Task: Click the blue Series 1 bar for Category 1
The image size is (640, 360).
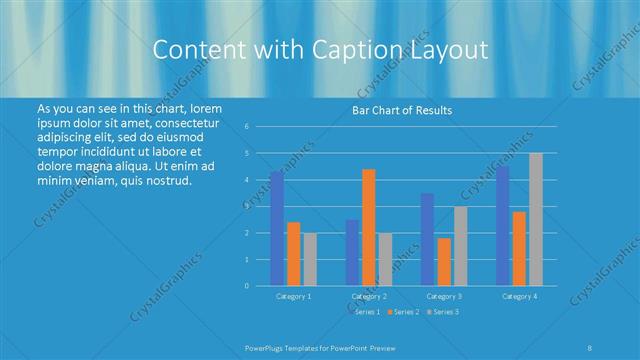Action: [x=277, y=229]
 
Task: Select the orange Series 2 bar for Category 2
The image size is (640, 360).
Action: [x=369, y=227]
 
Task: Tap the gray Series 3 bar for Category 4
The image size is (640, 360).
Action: [x=536, y=219]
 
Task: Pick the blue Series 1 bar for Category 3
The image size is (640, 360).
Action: [x=428, y=239]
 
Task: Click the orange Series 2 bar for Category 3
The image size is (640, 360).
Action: [x=444, y=262]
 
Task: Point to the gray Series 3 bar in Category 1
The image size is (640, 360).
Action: [x=310, y=259]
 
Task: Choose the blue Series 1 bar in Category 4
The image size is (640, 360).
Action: [x=503, y=226]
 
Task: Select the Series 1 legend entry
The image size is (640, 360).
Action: [x=367, y=313]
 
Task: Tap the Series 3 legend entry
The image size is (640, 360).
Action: [x=443, y=313]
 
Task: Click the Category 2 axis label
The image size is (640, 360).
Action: [x=369, y=296]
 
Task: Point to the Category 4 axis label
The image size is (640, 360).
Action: [x=519, y=296]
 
